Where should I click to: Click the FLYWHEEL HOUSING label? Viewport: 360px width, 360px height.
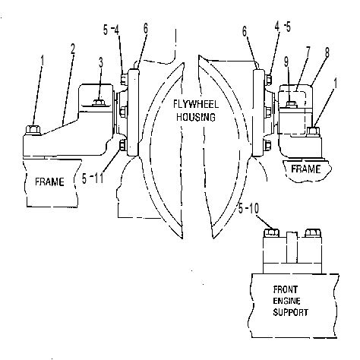point(196,111)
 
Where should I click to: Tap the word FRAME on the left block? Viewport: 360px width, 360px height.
point(49,182)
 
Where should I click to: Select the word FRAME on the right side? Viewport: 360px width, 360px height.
point(306,169)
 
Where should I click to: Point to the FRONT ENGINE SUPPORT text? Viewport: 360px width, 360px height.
point(290,301)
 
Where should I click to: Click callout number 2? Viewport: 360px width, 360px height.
point(73,49)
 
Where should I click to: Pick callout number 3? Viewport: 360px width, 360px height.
point(101,62)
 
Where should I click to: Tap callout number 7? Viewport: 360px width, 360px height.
point(308,52)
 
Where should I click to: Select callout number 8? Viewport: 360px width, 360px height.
point(327,53)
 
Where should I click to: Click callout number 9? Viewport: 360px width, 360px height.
point(286,62)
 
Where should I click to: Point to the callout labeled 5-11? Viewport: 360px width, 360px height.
point(93,178)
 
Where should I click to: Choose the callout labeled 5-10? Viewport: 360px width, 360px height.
point(249,209)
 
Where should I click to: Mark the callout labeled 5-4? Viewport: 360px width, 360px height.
point(111,30)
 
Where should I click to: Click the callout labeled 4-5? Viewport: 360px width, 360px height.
point(283,27)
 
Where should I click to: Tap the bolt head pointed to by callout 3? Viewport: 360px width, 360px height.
point(99,103)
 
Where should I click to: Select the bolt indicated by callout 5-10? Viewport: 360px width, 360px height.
point(271,232)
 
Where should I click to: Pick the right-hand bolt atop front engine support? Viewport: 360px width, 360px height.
point(313,232)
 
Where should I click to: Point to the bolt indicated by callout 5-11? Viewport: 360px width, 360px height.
point(122,146)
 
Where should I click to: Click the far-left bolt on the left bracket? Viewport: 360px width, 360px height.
point(33,130)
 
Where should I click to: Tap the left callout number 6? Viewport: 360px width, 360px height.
point(146,29)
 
